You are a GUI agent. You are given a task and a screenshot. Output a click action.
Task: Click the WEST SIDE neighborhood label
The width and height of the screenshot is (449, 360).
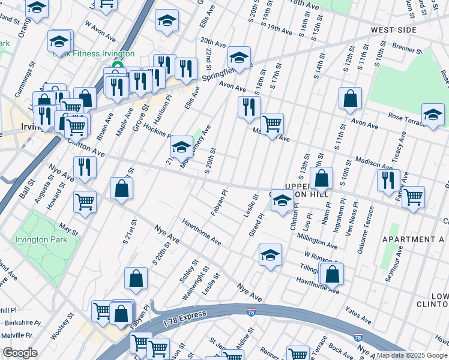click(394, 29)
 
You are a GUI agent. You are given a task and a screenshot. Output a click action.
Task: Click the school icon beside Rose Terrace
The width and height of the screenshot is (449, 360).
click(433, 115)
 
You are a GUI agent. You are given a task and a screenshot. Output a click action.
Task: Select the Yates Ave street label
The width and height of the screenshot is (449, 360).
click(359, 310)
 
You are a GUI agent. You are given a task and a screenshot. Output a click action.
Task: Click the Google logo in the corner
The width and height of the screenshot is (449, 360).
click(20, 352)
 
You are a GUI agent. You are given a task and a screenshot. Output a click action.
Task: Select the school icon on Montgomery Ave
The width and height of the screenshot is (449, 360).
click(181, 147)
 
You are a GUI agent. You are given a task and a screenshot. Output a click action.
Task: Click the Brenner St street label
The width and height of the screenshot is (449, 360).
click(408, 45)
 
